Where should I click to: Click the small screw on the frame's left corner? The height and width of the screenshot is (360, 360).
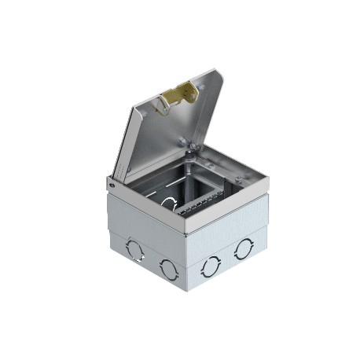[111, 185]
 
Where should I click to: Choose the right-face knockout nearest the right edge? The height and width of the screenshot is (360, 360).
[243, 249]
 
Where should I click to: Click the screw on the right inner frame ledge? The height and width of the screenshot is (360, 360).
[211, 167]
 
